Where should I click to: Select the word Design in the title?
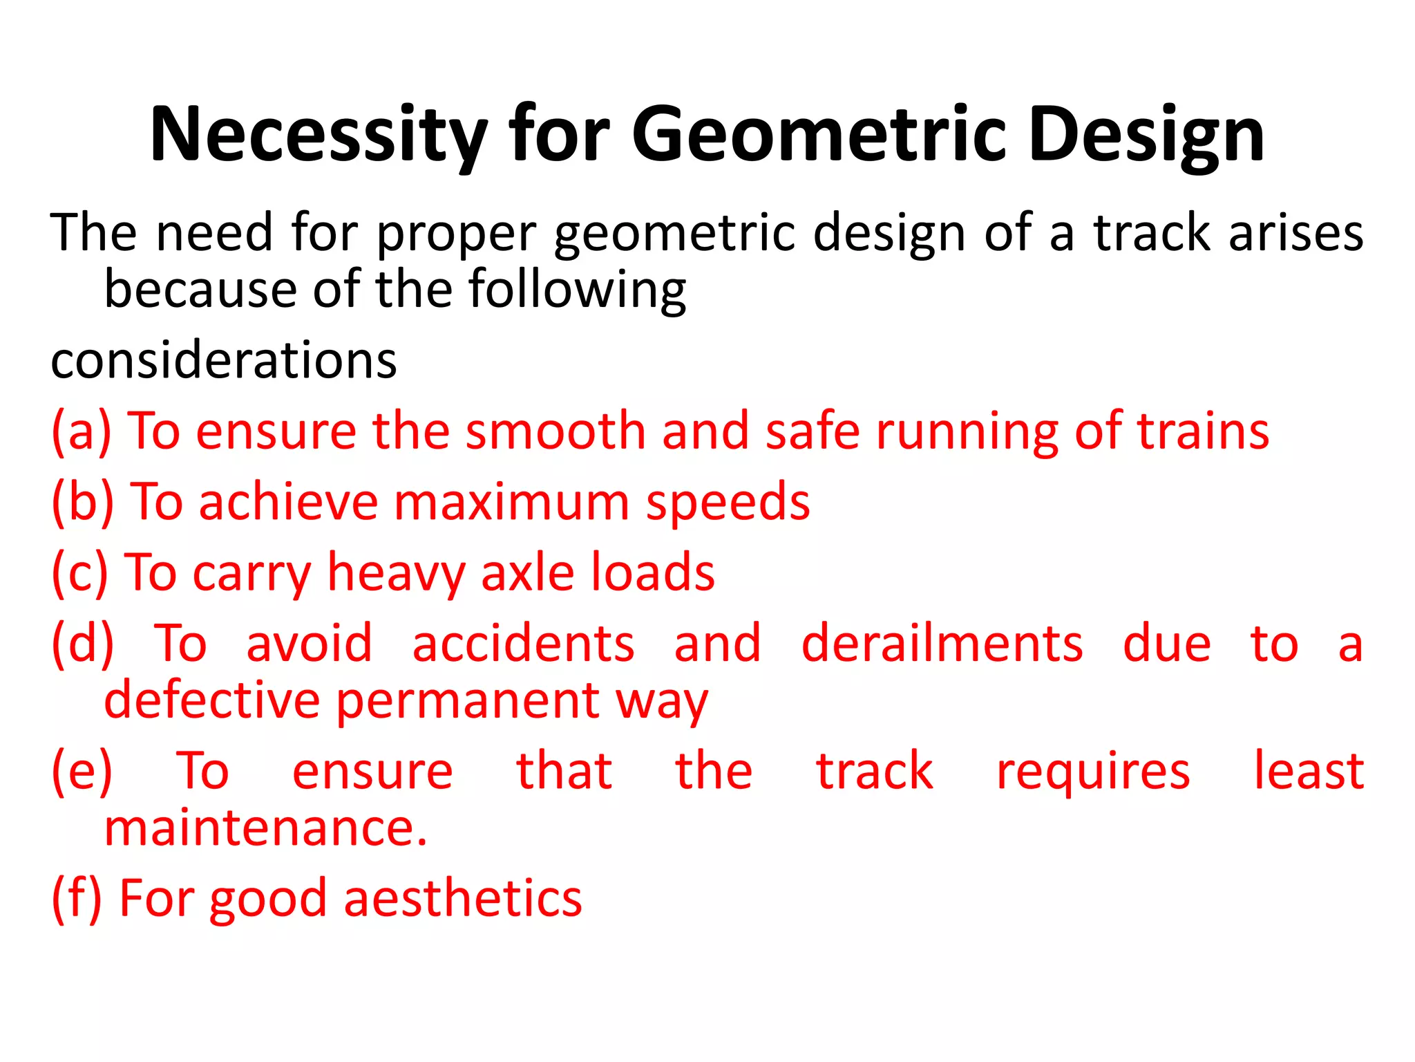tap(1146, 135)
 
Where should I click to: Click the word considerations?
tap(224, 360)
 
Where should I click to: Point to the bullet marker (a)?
tap(82, 431)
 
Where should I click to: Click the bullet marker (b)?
tap(83, 502)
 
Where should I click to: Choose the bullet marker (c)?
tap(80, 573)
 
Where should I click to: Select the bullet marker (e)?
tap(82, 772)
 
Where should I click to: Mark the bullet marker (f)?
tap(77, 899)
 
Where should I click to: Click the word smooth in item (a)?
tap(555, 431)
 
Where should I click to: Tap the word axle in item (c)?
tap(527, 573)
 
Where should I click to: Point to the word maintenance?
tap(265, 828)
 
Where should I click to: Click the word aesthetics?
tap(463, 899)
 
